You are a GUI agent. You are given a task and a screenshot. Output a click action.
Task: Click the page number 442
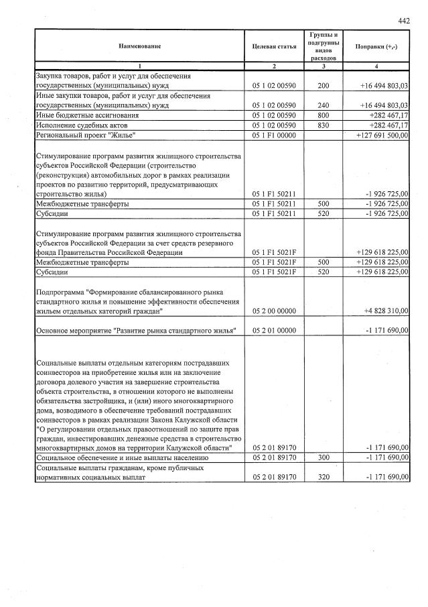pos(403,21)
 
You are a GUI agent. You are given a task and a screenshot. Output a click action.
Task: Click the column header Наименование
pos(139,46)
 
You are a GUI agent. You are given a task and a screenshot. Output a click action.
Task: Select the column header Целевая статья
pos(274,46)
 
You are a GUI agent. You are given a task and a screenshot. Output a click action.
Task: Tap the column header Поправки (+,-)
pos(378,46)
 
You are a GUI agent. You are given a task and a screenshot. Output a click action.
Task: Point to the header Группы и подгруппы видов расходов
pos(324,46)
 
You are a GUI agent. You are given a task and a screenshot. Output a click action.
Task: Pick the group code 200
pos(324,86)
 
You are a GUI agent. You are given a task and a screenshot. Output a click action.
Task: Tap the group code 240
pos(324,105)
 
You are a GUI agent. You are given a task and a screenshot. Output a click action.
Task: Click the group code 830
pos(324,125)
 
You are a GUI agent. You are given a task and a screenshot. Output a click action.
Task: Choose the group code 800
pos(324,115)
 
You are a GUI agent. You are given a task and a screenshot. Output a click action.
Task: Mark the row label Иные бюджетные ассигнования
pos(87,115)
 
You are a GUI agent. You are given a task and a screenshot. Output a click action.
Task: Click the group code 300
pos(324,457)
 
